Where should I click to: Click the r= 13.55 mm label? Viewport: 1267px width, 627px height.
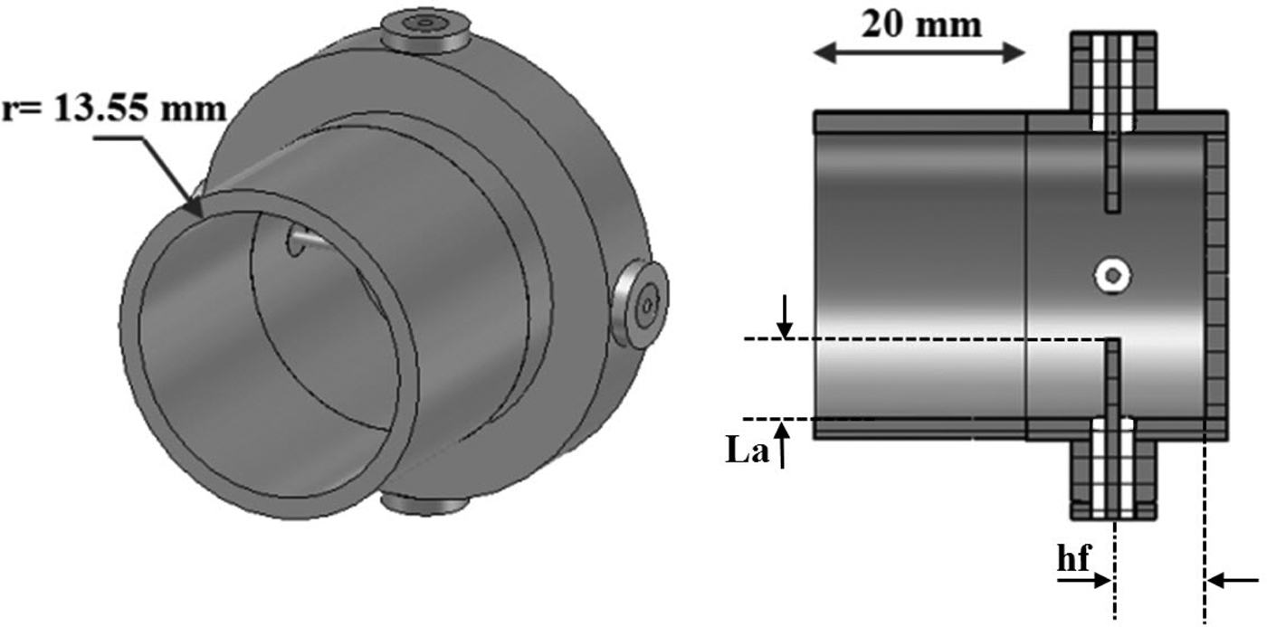tap(113, 109)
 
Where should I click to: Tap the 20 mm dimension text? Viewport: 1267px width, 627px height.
tap(920, 24)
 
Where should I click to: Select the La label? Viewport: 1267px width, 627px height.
tap(748, 451)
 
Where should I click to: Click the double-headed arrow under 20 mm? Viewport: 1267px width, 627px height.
tap(919, 53)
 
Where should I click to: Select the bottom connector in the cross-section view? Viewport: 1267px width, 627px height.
tap(1113, 470)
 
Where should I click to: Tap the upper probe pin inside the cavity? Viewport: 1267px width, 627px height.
tap(1113, 172)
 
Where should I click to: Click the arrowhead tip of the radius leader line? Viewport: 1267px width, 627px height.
tap(199, 214)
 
